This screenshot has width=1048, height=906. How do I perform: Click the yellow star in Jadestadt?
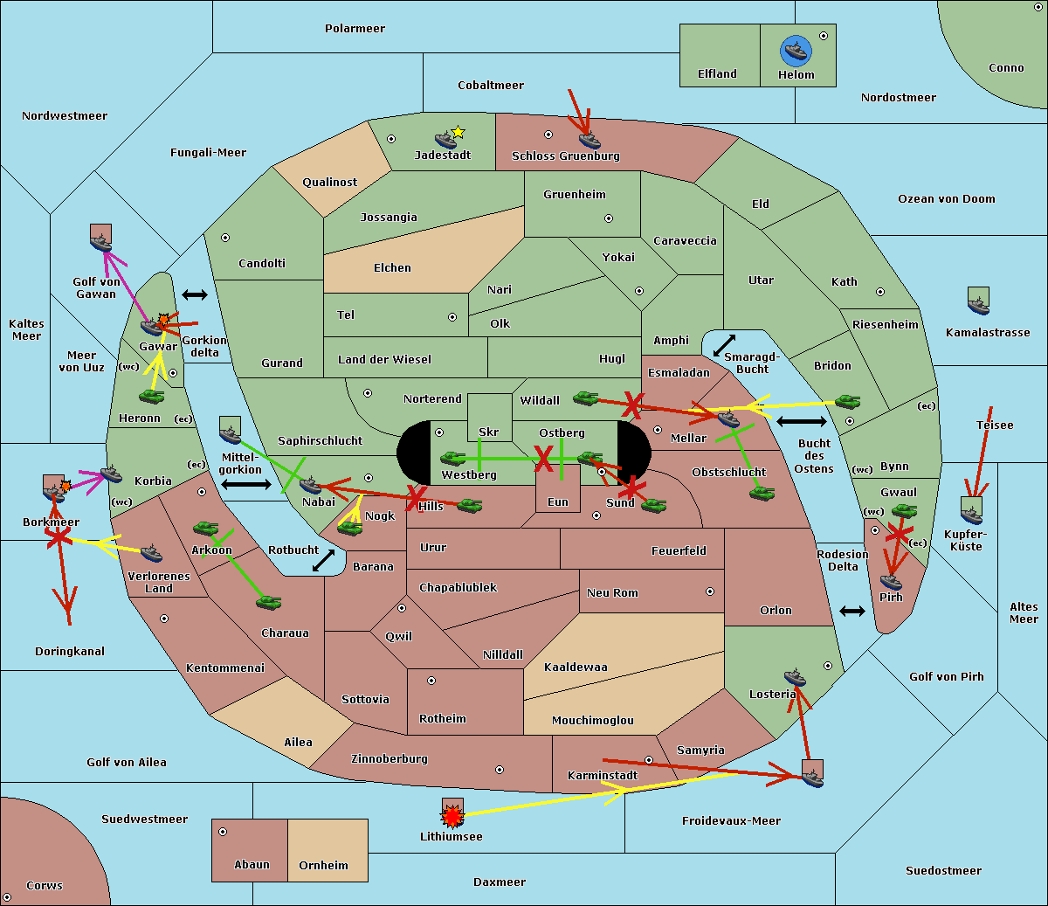click(x=458, y=132)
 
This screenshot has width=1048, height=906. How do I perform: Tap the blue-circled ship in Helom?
click(x=796, y=51)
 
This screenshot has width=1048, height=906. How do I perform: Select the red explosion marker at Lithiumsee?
click(x=452, y=816)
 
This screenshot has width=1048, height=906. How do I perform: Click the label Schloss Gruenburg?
click(x=565, y=156)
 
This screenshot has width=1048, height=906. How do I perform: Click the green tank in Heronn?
click(x=152, y=397)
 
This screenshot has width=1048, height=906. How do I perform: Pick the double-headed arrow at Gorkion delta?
click(x=194, y=294)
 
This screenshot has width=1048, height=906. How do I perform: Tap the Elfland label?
click(x=717, y=74)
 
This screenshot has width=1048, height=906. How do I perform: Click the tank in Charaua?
click(x=268, y=602)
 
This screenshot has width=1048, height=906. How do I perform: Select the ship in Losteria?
click(x=795, y=676)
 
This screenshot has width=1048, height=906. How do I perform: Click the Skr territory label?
click(x=489, y=432)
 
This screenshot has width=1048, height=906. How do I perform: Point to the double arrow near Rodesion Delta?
click(x=851, y=611)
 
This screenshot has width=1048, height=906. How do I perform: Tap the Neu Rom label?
click(x=612, y=592)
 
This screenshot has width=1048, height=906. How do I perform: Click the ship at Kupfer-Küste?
click(x=971, y=510)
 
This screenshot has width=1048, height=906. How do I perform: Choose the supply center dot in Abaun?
click(x=223, y=832)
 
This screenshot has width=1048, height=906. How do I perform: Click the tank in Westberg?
click(x=452, y=458)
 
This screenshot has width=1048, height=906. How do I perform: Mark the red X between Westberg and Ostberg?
click(x=543, y=458)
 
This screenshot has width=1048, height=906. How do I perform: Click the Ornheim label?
click(x=323, y=865)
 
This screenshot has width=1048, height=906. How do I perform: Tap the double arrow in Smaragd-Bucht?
click(x=724, y=345)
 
